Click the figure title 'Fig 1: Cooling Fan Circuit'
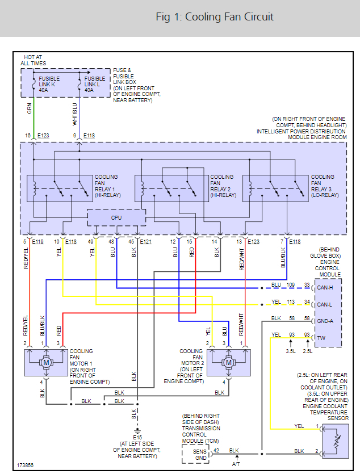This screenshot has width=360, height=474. [214, 17]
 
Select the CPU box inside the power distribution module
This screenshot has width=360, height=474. [116, 217]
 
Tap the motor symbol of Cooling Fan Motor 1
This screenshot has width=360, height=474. [46, 362]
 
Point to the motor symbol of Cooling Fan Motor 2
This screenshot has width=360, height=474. [228, 362]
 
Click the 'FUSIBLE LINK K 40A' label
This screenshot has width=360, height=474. [49, 85]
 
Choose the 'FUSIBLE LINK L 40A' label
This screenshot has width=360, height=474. [95, 85]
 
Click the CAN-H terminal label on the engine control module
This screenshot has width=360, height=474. [325, 288]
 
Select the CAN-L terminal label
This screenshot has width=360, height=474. [324, 305]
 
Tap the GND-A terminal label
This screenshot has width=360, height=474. [325, 321]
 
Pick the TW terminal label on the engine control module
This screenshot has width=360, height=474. [321, 338]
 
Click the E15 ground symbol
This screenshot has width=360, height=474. [137, 430]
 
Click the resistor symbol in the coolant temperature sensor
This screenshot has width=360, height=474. [336, 441]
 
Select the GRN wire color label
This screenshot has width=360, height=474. [30, 108]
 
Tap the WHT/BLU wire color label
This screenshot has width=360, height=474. [74, 114]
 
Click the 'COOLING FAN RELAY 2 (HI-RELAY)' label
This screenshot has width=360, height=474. [223, 186]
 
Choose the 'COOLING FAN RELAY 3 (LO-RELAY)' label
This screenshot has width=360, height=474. [325, 186]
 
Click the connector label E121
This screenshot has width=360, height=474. [145, 241]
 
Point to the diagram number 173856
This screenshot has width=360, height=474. [25, 465]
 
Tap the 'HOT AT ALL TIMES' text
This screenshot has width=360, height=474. [34, 60]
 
